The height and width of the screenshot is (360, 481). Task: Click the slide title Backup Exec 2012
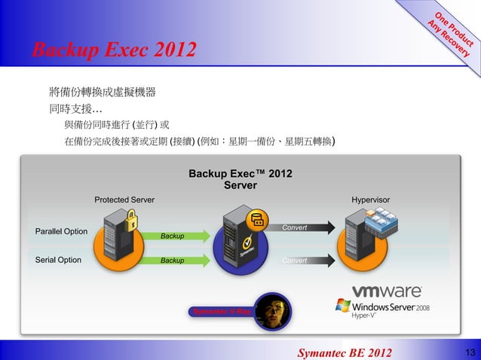click(x=112, y=51)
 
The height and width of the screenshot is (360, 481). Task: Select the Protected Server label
click(x=124, y=200)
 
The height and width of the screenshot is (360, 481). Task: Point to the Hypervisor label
click(x=370, y=200)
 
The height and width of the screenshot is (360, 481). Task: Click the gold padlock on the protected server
click(x=131, y=221)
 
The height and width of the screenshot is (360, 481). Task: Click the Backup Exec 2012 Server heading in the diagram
click(x=240, y=180)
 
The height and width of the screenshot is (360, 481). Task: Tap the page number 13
click(x=470, y=352)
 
